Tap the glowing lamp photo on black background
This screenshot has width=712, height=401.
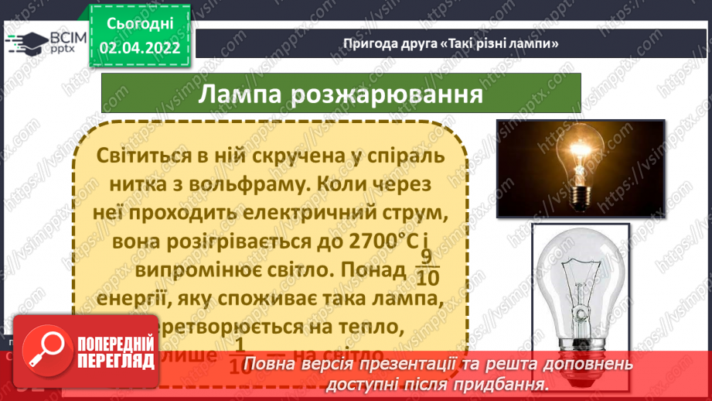coord(580,166)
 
